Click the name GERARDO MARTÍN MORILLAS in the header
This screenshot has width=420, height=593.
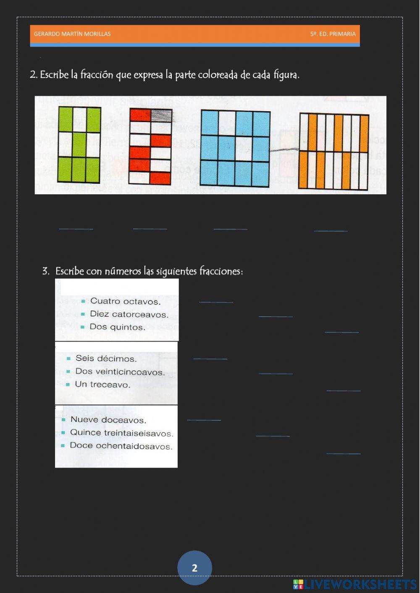tap(72, 34)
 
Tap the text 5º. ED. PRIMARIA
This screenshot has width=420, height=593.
tap(333, 34)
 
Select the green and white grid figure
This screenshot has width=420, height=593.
tap(79, 145)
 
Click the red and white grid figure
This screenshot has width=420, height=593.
tap(150, 147)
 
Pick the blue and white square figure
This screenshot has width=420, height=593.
tap(235, 148)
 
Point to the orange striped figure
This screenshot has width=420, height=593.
tap(334, 151)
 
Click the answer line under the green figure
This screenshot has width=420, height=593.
tap(76, 228)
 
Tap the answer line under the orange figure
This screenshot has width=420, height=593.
tap(331, 230)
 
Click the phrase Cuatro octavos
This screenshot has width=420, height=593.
tap(125, 301)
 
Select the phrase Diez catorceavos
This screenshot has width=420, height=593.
tap(129, 314)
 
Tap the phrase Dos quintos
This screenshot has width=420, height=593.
tap(117, 327)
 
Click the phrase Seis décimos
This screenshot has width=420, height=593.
tap(106, 358)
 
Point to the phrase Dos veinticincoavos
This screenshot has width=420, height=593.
tap(120, 372)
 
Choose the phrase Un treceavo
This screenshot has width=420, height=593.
tap(102, 384)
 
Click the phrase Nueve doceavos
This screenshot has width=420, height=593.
tap(108, 420)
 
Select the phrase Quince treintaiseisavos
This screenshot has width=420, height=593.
tap(121, 433)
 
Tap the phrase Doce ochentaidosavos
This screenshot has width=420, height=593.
tap(121, 446)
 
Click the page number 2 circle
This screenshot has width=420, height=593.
tap(194, 568)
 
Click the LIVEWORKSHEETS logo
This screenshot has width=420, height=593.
tap(355, 584)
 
